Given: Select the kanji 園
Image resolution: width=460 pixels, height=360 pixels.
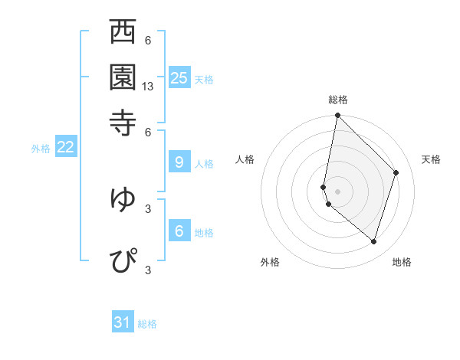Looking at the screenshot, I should [123, 76].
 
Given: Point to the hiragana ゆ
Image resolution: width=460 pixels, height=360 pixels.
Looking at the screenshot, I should [123, 198].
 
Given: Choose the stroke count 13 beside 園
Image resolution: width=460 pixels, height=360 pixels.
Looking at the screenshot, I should [149, 87].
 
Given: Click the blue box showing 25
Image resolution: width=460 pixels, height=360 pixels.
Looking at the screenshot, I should [179, 77].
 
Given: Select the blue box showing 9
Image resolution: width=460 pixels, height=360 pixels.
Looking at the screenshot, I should [179, 162].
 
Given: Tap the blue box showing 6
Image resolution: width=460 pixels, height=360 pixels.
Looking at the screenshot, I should [179, 231].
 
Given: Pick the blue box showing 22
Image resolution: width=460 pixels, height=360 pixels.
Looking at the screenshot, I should [65, 147].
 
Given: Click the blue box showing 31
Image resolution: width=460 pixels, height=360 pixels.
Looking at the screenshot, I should [123, 322].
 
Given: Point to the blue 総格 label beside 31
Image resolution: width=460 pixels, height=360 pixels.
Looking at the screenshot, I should [148, 324].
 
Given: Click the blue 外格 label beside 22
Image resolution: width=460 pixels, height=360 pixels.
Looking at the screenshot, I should [40, 149].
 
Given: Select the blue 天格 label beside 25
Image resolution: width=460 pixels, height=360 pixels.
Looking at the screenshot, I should [204, 79].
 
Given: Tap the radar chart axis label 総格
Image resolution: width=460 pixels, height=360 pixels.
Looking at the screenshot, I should [338, 100].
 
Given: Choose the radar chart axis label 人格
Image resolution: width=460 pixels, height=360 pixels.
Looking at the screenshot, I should [245, 159].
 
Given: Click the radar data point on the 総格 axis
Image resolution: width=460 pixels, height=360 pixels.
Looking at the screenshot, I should [337, 116].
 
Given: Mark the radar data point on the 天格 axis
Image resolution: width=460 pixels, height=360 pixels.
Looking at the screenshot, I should [396, 172].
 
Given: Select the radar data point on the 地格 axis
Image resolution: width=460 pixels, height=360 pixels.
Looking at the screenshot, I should [373, 242].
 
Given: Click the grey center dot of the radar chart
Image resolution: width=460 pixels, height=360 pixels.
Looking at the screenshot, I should [337, 191].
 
